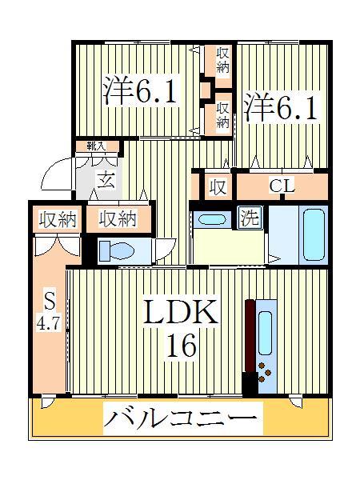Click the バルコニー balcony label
180,418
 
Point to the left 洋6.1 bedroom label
139,90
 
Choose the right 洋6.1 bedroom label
281,108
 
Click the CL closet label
282,187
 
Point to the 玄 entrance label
105,179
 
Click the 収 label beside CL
216,187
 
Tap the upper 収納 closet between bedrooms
222,60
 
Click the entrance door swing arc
58,172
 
